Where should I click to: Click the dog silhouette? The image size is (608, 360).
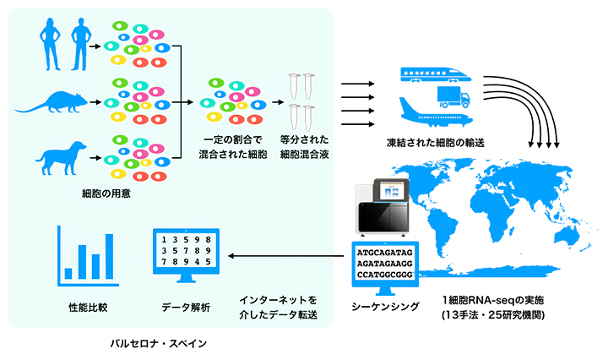[62, 156]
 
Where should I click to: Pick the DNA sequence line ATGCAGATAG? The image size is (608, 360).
[386, 251]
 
